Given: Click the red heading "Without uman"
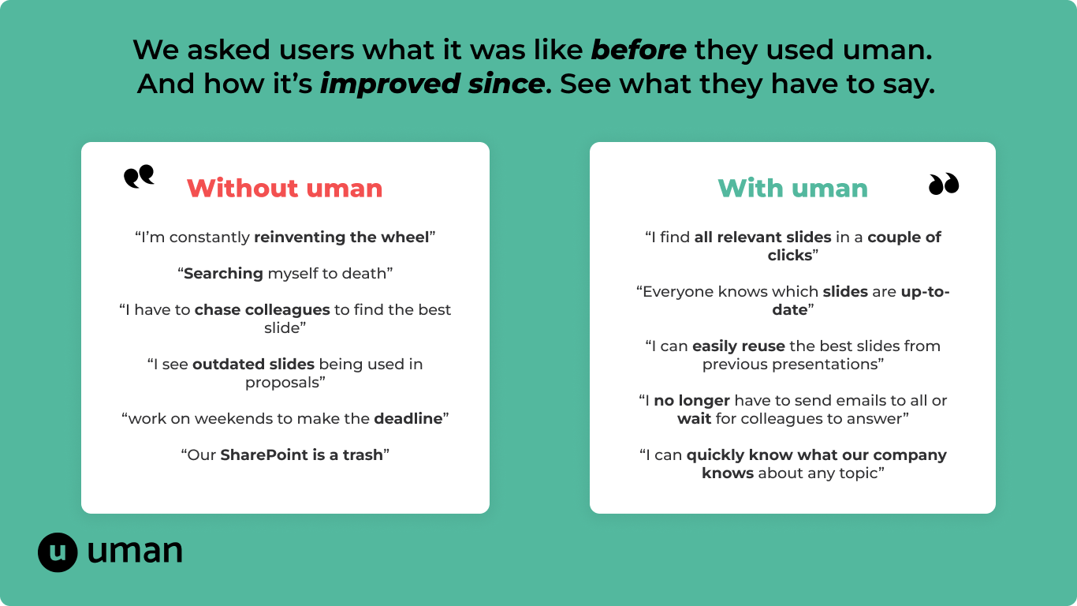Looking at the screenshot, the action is click(x=285, y=189).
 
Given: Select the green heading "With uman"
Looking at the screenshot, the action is click(x=793, y=189).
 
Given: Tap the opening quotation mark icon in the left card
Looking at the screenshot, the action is click(x=139, y=176).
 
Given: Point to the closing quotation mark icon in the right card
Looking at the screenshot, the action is click(x=944, y=184).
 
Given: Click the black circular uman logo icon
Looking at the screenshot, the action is click(x=58, y=552).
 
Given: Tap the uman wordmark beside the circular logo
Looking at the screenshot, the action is click(x=135, y=551).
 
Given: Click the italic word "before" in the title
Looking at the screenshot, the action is click(x=639, y=50).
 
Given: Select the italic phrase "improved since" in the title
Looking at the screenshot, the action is click(x=433, y=84).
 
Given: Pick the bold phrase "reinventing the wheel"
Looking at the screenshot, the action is click(x=341, y=238).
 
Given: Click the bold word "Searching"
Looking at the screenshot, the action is click(x=224, y=274).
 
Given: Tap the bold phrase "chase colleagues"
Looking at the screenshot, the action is click(x=262, y=310).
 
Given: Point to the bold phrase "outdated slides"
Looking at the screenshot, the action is click(x=253, y=365).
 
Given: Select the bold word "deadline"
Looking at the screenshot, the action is click(x=408, y=419).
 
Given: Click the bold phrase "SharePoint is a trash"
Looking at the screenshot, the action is click(x=301, y=454).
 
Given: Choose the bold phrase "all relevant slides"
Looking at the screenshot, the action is click(x=762, y=238).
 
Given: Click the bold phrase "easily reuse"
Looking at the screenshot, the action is click(x=739, y=346).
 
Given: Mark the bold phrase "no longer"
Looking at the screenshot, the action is click(x=692, y=401).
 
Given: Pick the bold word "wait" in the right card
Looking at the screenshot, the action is click(x=695, y=419).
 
